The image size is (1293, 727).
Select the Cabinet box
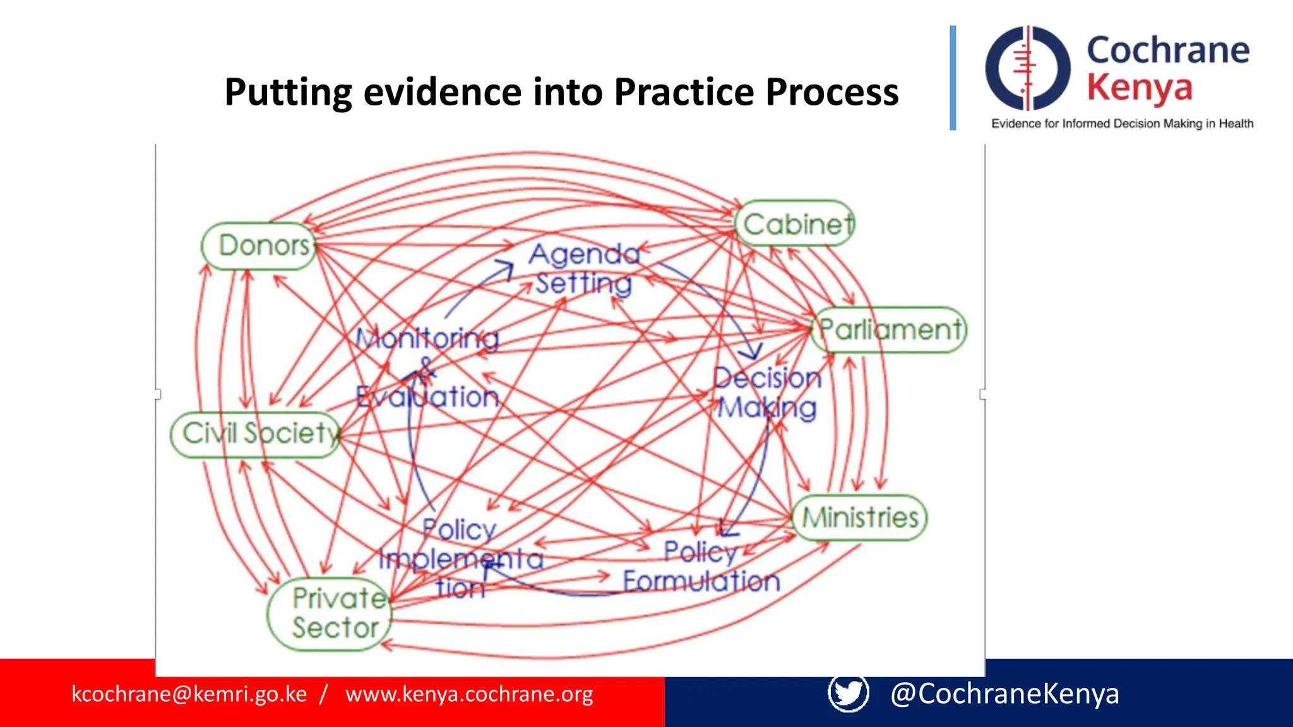(795, 224)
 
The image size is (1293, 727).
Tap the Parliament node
(889, 329)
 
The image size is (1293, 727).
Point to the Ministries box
(859, 517)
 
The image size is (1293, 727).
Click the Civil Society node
(256, 434)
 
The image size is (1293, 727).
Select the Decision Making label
(767, 393)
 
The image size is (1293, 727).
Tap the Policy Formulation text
(701, 566)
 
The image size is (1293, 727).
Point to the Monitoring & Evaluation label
(427, 367)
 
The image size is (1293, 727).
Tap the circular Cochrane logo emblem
(1027, 68)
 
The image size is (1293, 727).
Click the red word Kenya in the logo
(1139, 88)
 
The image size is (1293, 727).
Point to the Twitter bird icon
(848, 693)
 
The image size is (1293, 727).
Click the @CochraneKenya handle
(1004, 694)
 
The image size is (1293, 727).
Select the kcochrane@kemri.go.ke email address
(189, 694)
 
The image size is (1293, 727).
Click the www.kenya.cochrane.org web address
(469, 694)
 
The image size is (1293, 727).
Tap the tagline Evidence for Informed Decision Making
(1122, 124)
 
